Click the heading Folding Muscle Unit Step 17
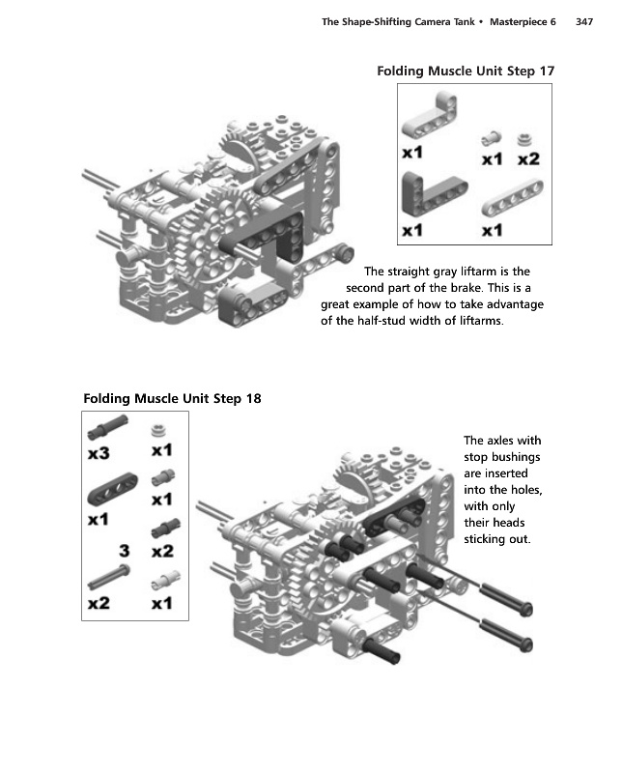(465, 71)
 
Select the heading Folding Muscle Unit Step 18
(172, 397)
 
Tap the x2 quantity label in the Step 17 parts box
(527, 158)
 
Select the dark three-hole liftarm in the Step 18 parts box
(108, 495)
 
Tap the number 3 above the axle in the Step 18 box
(124, 551)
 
